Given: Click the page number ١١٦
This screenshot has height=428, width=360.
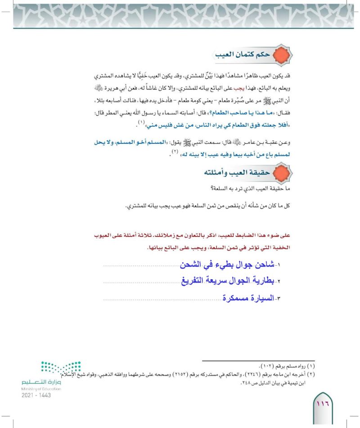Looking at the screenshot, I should click(324, 403).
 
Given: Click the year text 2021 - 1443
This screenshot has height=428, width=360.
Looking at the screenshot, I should click(36, 395).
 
